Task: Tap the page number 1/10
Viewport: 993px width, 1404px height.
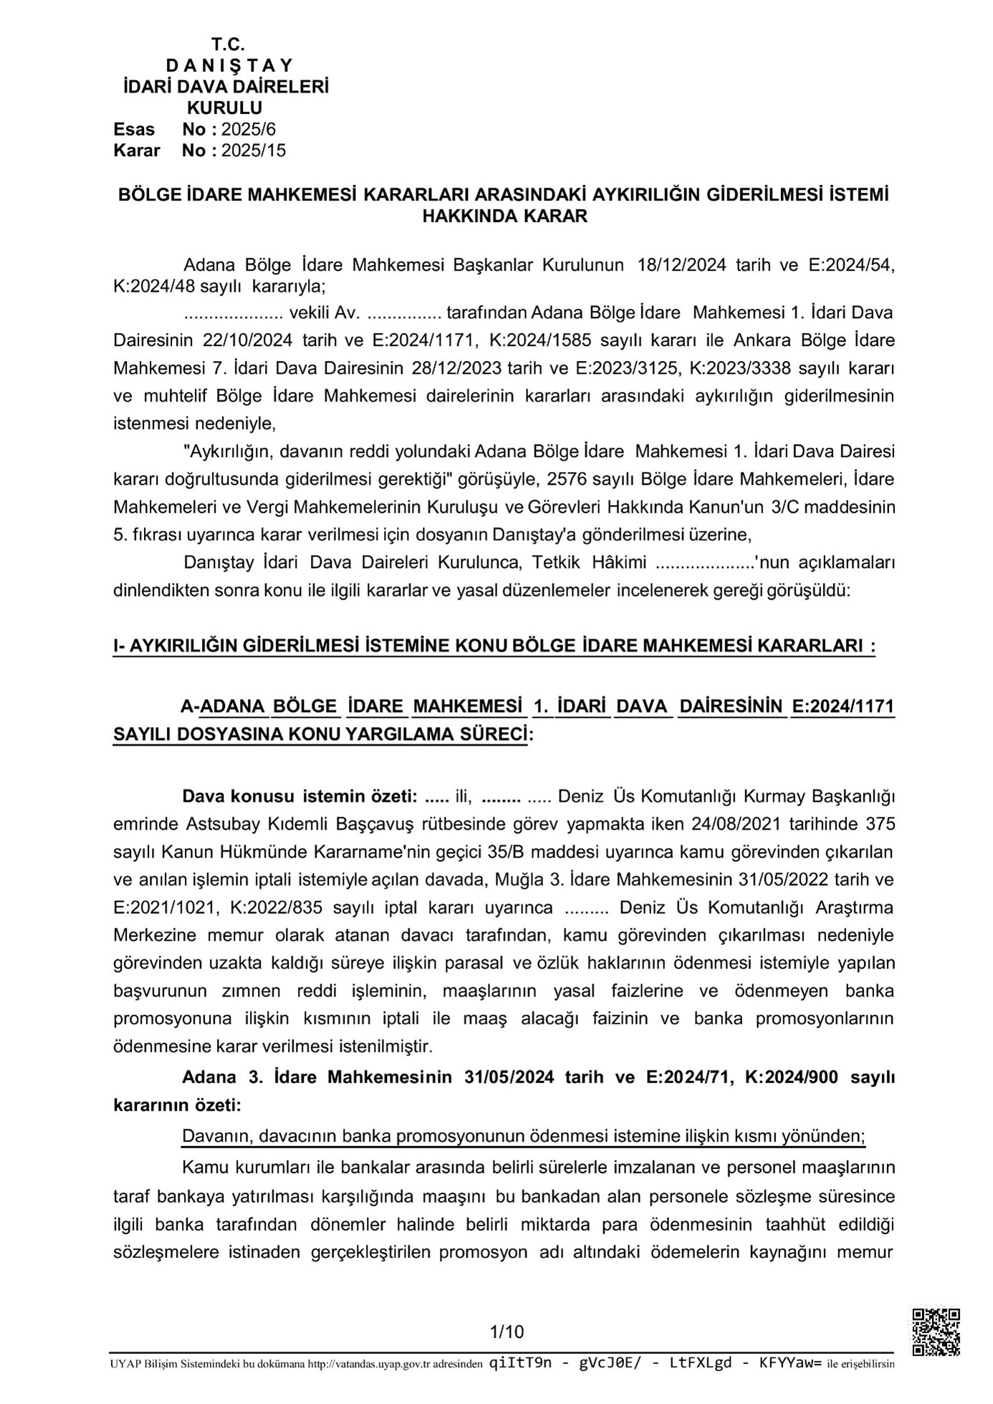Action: (507, 1332)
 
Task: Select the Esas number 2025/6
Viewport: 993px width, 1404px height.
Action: (249, 130)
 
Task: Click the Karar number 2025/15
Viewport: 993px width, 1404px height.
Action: (253, 150)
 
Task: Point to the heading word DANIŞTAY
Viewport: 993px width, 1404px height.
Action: (229, 65)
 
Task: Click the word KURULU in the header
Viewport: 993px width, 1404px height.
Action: (224, 108)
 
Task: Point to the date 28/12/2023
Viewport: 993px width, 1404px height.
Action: (459, 368)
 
